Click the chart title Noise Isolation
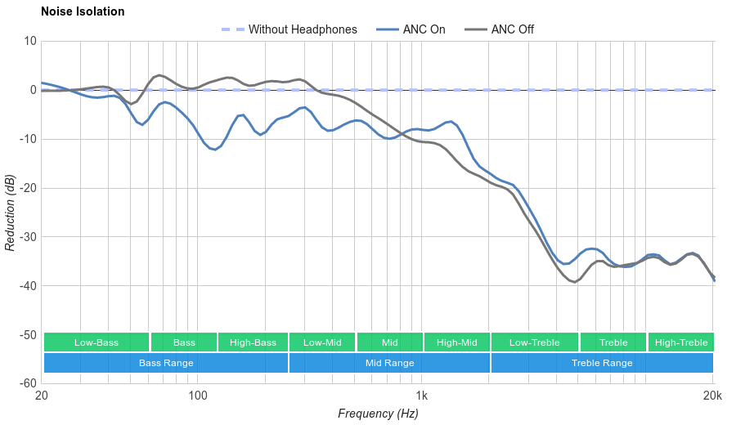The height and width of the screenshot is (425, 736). point(83,12)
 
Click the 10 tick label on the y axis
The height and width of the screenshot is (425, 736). point(30,41)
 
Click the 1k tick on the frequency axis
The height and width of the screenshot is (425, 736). point(422,396)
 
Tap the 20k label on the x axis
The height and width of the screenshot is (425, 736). point(712,396)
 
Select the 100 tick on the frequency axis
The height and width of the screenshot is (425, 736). point(198,396)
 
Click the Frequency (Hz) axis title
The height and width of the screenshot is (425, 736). point(378,414)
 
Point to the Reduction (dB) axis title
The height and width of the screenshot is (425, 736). point(10,212)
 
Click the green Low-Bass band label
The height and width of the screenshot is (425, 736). point(96,342)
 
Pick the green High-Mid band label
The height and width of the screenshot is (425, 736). point(456,342)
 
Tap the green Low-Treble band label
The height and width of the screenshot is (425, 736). point(535,342)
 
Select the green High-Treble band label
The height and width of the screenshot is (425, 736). point(681,342)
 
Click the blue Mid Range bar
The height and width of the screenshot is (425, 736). point(389,363)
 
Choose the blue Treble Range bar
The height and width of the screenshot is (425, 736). point(602,363)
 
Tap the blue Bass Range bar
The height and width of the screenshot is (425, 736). point(166,363)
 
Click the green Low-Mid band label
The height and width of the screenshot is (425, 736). point(322,342)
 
